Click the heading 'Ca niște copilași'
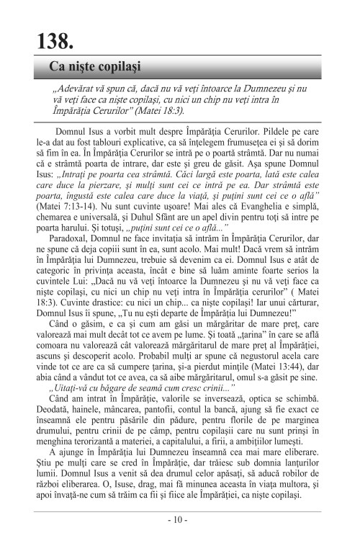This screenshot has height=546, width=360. [94, 67]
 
